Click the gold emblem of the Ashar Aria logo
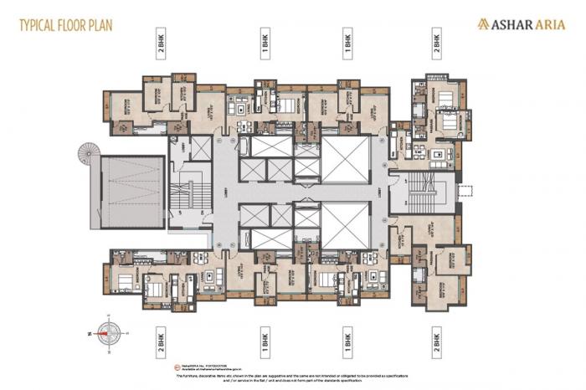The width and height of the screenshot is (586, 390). (483, 25)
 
